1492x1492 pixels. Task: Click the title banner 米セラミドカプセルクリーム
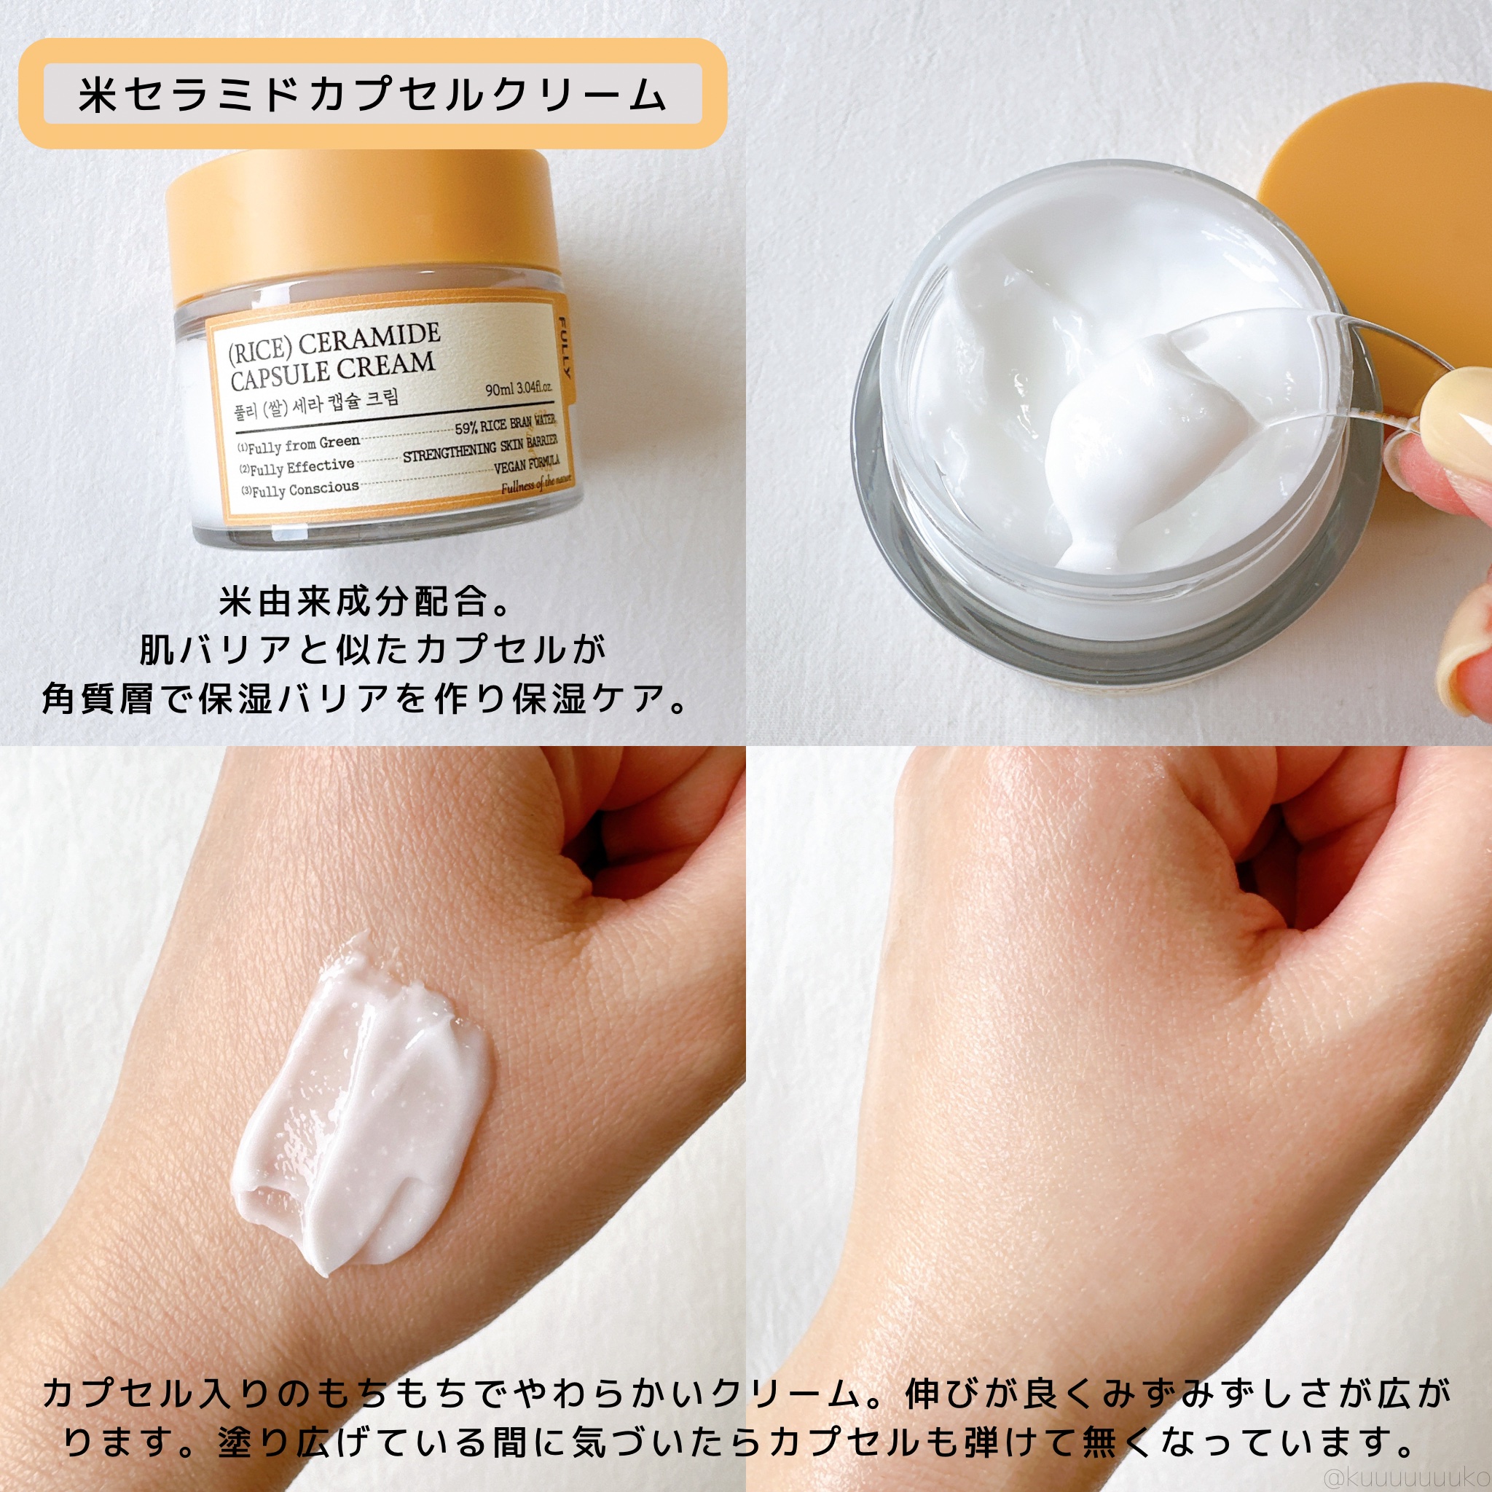[372, 94]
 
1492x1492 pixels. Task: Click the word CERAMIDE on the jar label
[369, 340]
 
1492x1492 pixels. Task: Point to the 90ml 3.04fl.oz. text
[518, 388]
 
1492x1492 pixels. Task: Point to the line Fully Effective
[301, 467]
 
